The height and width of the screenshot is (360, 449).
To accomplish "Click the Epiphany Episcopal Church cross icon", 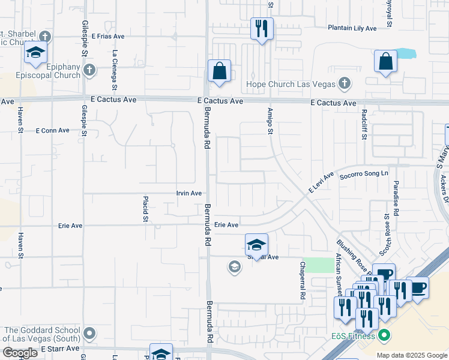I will [89, 71].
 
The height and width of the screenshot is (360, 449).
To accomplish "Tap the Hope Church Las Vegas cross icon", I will [345, 83].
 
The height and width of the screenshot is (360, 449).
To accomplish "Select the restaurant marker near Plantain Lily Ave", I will [262, 28].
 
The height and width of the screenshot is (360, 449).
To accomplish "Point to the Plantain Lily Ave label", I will [352, 28].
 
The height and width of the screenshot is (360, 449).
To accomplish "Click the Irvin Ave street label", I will [188, 193].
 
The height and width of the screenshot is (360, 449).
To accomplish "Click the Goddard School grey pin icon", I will [89, 332].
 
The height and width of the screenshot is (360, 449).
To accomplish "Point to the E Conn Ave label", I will [53, 130].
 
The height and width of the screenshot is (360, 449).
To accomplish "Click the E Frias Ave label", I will [108, 36].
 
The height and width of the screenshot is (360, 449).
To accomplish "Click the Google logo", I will [20, 353].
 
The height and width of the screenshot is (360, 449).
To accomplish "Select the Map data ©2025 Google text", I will [411, 355].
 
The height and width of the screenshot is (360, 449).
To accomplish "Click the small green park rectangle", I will [318, 265].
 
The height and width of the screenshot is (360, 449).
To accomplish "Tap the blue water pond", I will [406, 53].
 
